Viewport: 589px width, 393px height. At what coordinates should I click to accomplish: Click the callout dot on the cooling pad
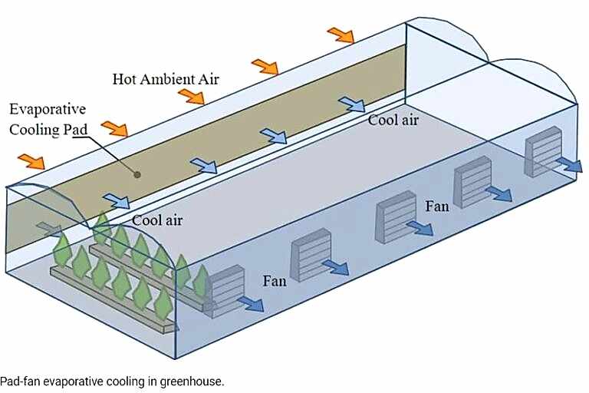(x=137, y=174)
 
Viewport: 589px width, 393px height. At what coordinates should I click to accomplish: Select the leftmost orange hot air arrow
(x=31, y=161)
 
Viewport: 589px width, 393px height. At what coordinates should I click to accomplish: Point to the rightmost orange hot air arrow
(x=340, y=35)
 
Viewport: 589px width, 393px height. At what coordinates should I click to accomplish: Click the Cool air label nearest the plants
(x=157, y=220)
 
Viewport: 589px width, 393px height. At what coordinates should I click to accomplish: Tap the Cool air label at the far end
(x=393, y=120)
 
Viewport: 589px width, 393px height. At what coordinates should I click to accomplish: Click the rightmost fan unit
(x=542, y=151)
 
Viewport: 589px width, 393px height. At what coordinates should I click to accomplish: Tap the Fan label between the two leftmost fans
(x=275, y=281)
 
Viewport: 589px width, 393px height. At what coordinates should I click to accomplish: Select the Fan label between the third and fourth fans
(x=436, y=206)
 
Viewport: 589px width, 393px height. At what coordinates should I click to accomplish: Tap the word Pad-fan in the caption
(x=18, y=381)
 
